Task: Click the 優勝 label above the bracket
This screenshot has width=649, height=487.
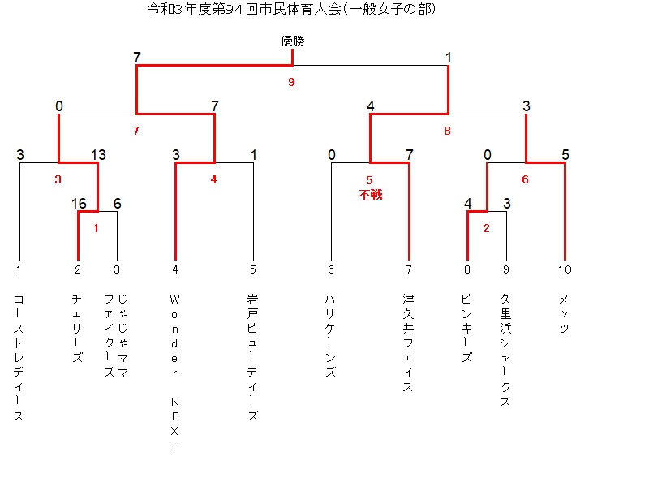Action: [293, 41]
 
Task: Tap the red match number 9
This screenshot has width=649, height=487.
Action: [292, 82]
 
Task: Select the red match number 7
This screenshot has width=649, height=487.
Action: [136, 131]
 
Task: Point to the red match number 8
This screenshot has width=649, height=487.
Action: [447, 131]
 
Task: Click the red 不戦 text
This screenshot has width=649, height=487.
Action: [370, 194]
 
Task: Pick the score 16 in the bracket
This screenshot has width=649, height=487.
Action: [79, 204]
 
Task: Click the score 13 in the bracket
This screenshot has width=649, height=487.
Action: [98, 155]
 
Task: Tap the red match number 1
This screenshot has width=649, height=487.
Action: [97, 228]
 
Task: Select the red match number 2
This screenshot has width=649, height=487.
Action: [486, 228]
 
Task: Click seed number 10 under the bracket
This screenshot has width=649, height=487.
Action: [564, 269]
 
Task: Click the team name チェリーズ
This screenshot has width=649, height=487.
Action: [77, 329]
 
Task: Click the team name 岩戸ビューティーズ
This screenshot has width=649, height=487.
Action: [252, 358]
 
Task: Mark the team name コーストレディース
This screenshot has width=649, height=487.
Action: [19, 358]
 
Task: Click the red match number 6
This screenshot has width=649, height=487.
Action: [525, 179]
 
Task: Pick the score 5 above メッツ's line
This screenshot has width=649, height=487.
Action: [565, 155]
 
